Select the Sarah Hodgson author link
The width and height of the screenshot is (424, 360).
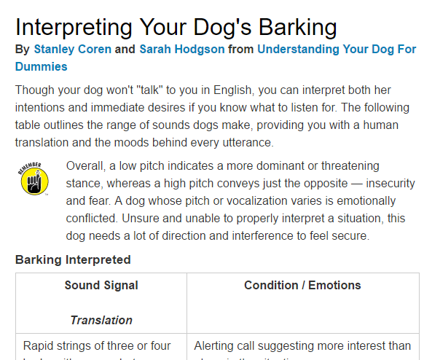pos(181,50)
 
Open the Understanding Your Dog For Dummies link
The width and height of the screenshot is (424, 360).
pos(337,50)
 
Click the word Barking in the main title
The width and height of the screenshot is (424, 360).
pos(288,27)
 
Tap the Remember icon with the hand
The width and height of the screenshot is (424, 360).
pos(34,179)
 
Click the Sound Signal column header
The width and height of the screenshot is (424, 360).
pos(101,285)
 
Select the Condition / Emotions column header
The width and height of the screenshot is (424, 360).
pos(303,285)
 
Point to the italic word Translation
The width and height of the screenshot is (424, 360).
pos(101,320)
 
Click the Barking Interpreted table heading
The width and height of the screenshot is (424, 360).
pos(73,259)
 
